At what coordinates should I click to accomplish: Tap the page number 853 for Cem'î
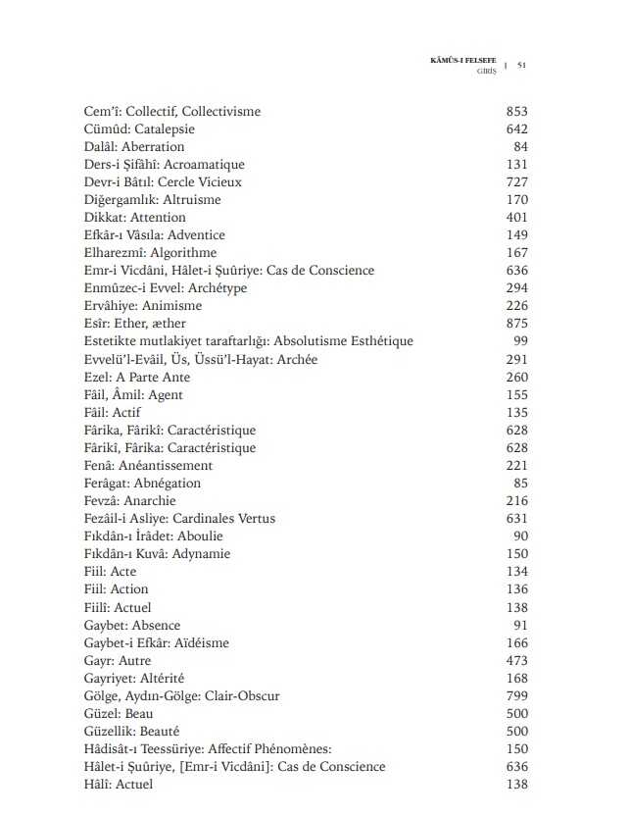[516, 112]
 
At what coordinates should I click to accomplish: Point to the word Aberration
[152, 147]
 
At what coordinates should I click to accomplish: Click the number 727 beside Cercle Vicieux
[516, 182]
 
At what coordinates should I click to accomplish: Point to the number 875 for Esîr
[516, 324]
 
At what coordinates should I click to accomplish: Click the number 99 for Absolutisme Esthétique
[520, 341]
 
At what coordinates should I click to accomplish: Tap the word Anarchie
[149, 501]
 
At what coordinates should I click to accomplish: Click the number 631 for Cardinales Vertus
[516, 519]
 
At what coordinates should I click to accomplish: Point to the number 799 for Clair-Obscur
[516, 696]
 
